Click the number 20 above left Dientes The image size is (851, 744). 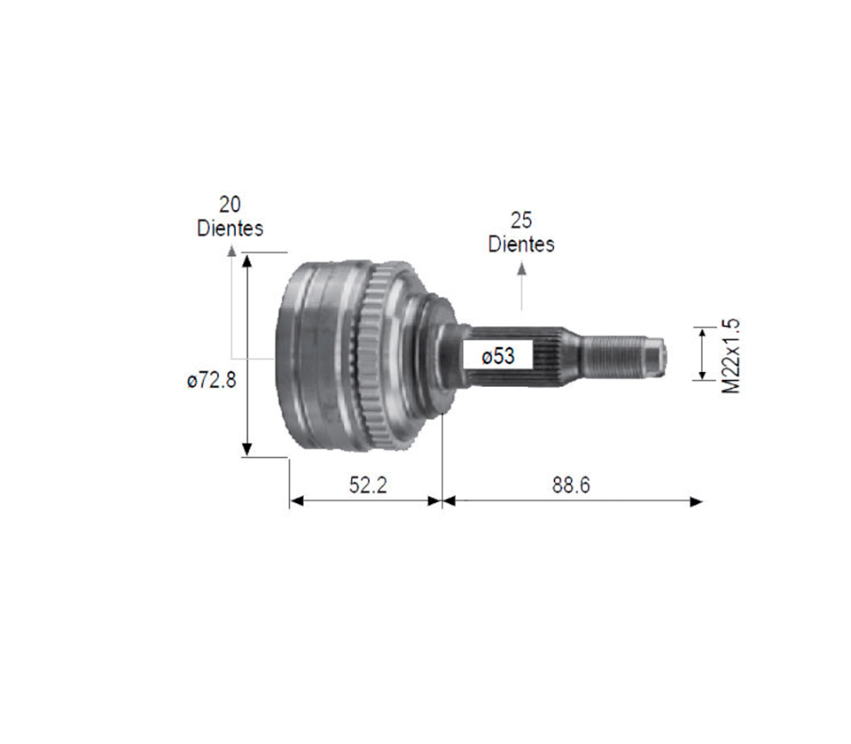coord(230,205)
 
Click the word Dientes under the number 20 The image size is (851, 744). coord(230,229)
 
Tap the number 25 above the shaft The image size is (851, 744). coord(521,219)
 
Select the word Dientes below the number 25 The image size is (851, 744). coord(521,244)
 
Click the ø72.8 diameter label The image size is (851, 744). coord(211,381)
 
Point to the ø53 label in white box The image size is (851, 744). coord(497,356)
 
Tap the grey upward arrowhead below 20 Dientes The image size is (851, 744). coord(232,252)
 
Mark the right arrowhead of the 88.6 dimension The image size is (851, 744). coord(697,501)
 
